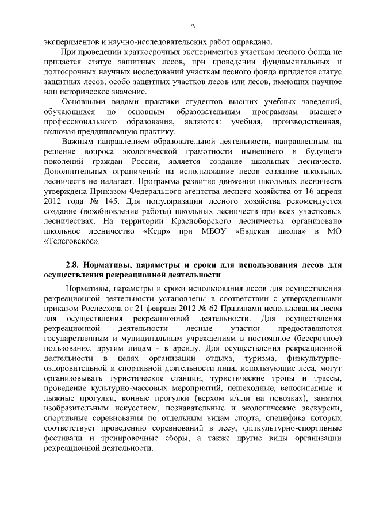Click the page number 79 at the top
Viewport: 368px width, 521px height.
click(192, 26)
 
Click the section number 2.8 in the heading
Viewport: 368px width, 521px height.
click(71, 265)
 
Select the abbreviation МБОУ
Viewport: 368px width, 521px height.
click(209, 231)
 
